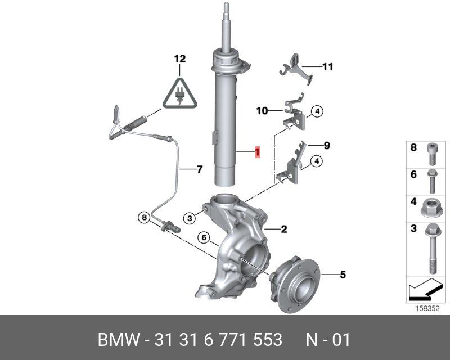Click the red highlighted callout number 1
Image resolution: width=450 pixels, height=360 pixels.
[258, 152]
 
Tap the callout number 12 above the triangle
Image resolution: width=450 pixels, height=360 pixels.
[180, 59]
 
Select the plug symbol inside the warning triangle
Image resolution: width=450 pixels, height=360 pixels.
[180, 94]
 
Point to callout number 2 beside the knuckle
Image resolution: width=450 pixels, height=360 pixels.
[284, 229]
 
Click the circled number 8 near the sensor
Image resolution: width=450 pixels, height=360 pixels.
[144, 217]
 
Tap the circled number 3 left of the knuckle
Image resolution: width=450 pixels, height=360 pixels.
[190, 218]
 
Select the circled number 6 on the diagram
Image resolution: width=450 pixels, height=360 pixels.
[204, 237]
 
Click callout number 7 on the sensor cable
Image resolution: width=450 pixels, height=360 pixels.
[200, 169]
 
